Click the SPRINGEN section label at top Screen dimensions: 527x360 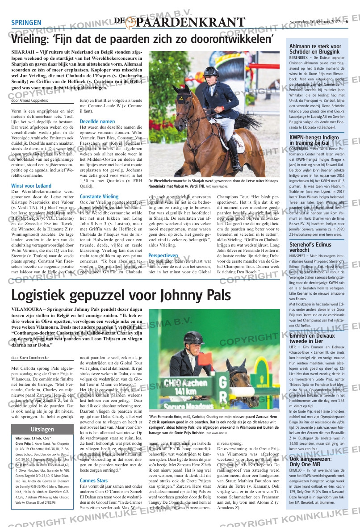click(26, 23)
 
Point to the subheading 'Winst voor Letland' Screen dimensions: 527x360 click(31, 185)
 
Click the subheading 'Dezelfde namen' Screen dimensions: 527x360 click(97, 121)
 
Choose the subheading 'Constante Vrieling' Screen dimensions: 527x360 click(99, 197)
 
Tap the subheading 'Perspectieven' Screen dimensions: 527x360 click(163, 255)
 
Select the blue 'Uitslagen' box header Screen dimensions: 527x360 click(42, 417)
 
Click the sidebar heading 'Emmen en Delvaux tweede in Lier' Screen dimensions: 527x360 click(311, 338)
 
